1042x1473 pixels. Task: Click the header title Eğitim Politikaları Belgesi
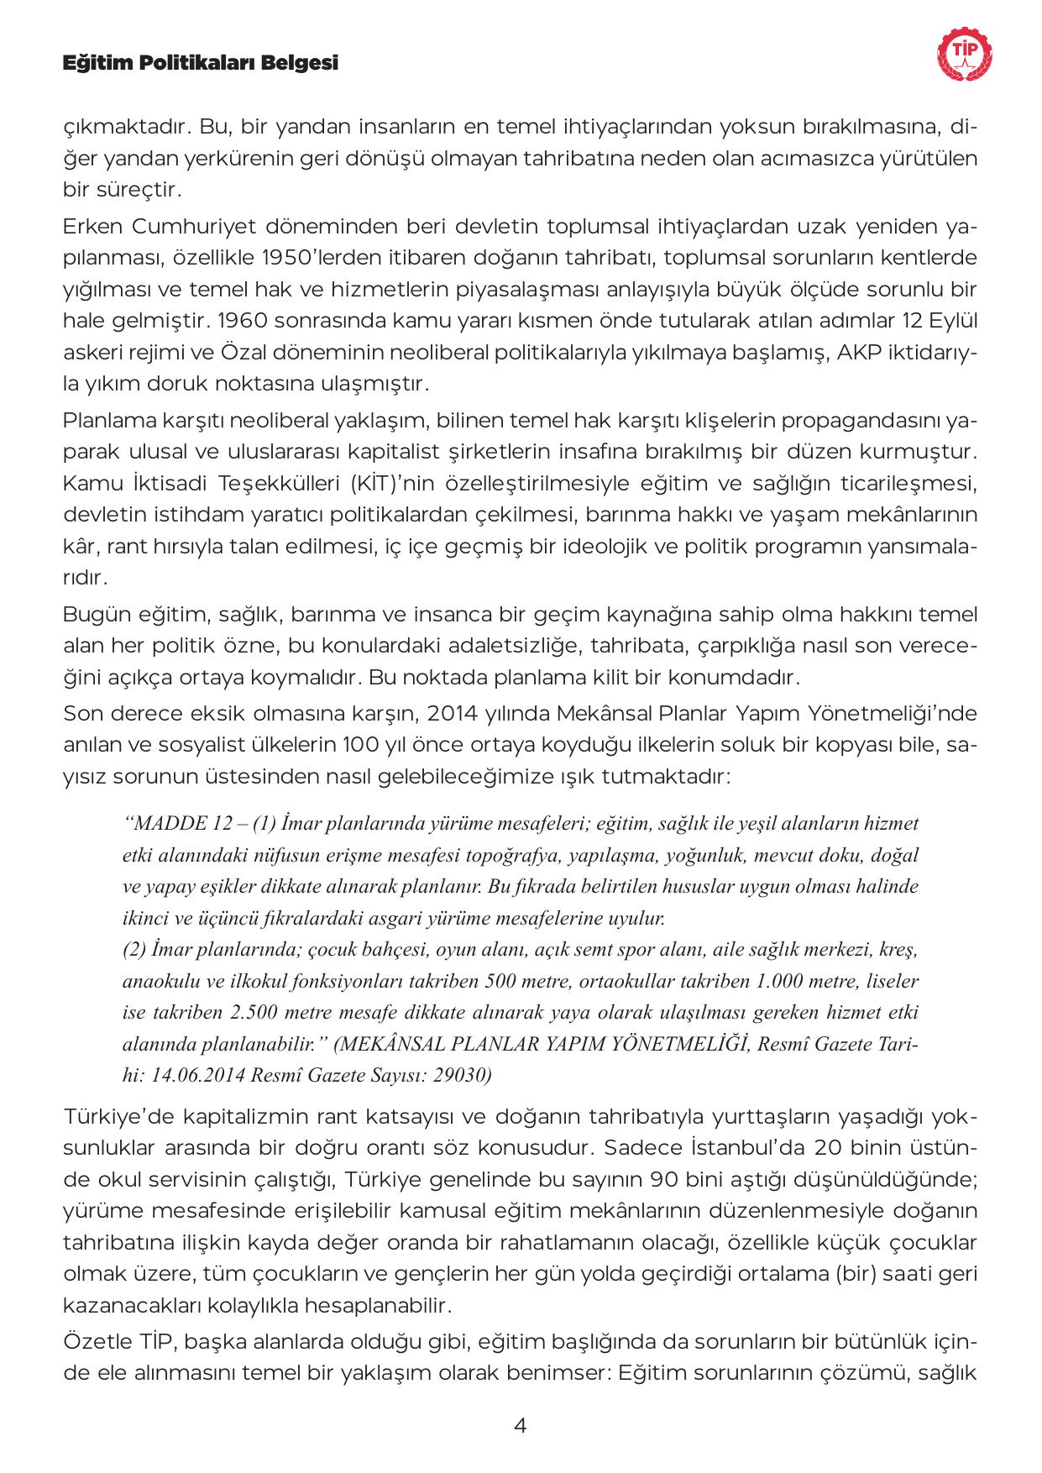(x=201, y=63)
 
